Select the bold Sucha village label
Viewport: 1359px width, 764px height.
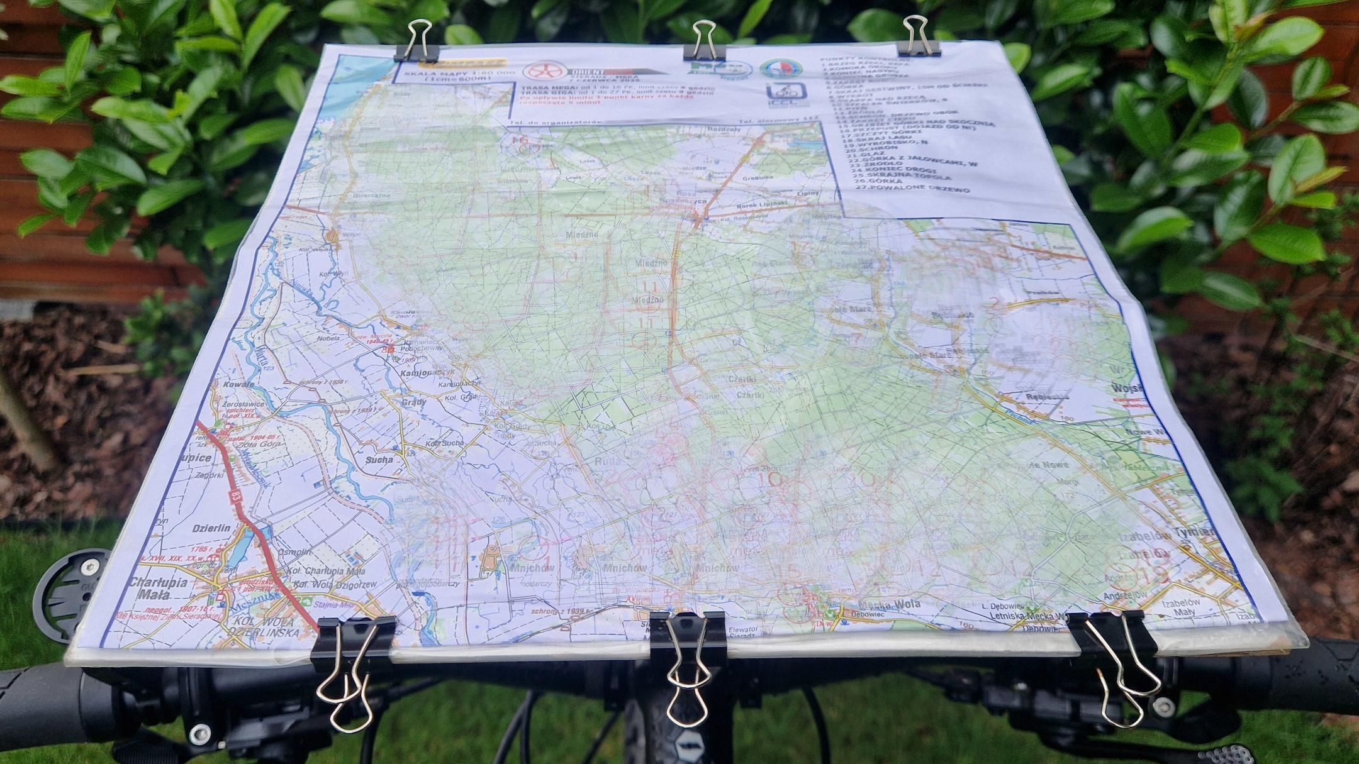[379, 460]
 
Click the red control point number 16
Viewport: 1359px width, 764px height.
[520, 140]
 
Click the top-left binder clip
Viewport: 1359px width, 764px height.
[417, 42]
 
